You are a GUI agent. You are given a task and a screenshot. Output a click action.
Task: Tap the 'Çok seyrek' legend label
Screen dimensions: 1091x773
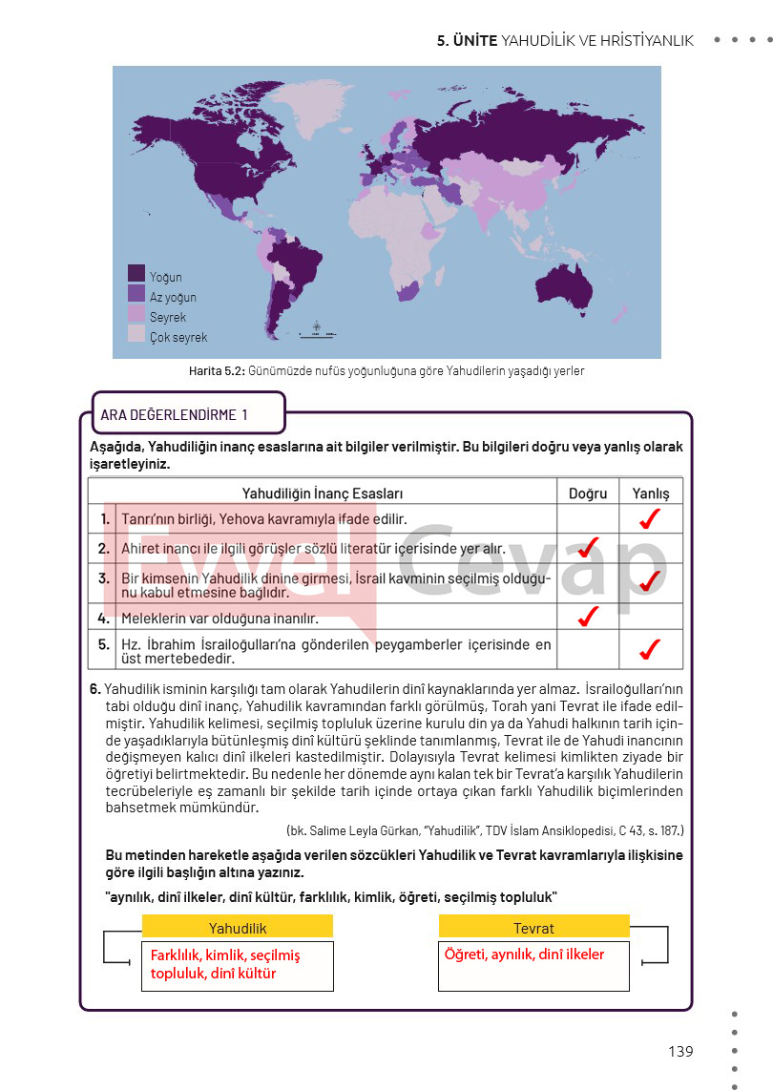(178, 337)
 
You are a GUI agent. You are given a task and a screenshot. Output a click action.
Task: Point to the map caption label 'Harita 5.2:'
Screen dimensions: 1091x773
(217, 370)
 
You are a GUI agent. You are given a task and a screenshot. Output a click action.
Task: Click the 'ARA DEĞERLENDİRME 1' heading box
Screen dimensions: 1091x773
(187, 414)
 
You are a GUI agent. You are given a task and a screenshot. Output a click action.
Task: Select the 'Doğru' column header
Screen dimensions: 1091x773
(588, 493)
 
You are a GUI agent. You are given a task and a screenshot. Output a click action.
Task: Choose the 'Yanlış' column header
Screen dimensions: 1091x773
(651, 493)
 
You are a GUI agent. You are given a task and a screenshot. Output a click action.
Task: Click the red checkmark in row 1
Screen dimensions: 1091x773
(651, 518)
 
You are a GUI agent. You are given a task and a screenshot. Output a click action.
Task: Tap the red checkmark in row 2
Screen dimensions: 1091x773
(588, 546)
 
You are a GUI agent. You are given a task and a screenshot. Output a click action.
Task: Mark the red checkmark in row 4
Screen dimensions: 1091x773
(588, 617)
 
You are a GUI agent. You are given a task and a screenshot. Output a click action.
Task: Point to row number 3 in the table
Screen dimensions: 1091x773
(104, 578)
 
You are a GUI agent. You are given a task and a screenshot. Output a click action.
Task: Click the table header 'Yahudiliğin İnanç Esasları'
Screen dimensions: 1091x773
(322, 493)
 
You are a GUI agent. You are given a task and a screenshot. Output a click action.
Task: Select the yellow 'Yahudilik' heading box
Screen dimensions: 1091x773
(238, 927)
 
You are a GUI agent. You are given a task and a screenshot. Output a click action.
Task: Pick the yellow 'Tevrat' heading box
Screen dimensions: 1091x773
(533, 927)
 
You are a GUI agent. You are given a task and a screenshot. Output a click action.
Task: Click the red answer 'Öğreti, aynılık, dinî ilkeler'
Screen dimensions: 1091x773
(524, 954)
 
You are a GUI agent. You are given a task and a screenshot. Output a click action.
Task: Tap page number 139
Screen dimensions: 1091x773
(680, 1051)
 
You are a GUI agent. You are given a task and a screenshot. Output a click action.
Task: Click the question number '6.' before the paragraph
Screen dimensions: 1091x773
(94, 688)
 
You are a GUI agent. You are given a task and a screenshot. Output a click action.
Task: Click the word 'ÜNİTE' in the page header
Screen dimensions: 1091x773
(474, 40)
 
